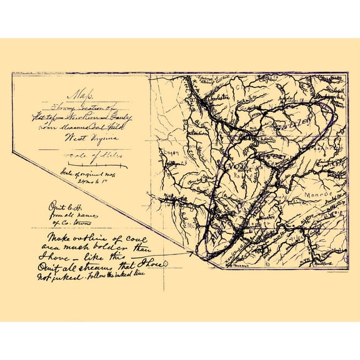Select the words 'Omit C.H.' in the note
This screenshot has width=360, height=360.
[x=61, y=206]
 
